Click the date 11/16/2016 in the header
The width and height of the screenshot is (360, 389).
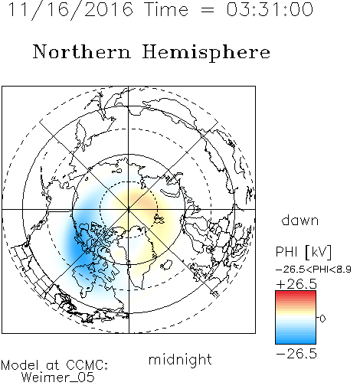click(70, 10)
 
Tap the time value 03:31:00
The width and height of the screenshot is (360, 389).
click(270, 9)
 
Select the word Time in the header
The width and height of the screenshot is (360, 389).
click(166, 9)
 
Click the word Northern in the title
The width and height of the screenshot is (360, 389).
click(82, 52)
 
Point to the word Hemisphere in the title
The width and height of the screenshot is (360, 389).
click(206, 53)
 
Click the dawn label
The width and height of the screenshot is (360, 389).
click(300, 220)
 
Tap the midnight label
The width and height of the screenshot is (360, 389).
click(180, 359)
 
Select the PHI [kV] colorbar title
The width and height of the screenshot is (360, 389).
click(303, 252)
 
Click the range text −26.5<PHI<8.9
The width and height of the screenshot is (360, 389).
click(313, 270)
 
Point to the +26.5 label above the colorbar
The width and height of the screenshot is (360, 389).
click(296, 284)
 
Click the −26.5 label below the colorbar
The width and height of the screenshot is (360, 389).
click(296, 354)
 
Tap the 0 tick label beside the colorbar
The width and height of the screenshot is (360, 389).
click(322, 319)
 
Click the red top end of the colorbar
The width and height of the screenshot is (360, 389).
click(296, 293)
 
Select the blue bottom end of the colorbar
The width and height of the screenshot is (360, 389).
click(296, 342)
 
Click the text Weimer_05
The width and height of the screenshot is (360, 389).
click(58, 378)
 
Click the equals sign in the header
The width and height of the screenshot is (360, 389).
click(208, 10)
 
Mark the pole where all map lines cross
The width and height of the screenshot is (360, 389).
click(129, 210)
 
